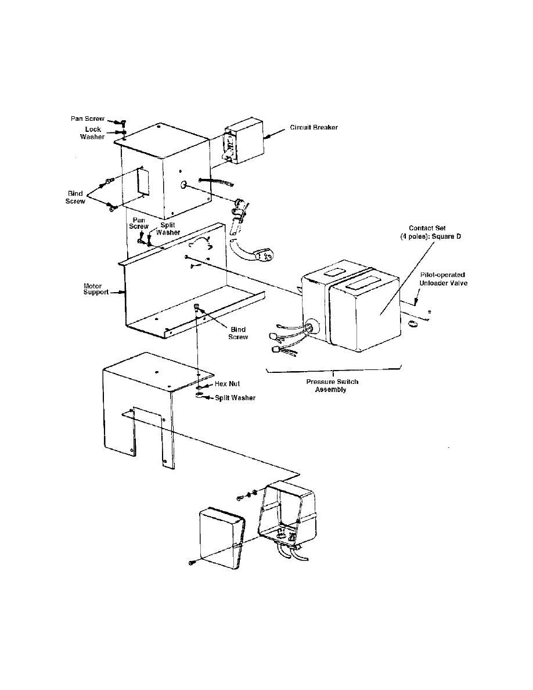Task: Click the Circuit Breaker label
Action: click(x=314, y=128)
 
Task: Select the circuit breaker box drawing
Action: click(x=243, y=142)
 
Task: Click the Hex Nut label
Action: click(x=227, y=384)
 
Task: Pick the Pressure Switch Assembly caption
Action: click(x=332, y=386)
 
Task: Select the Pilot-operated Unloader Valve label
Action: click(x=443, y=278)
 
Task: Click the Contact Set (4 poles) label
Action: click(x=434, y=232)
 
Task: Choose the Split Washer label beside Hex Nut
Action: click(x=235, y=398)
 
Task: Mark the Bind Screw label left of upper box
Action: click(x=76, y=196)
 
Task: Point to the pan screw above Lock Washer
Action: click(x=123, y=122)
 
